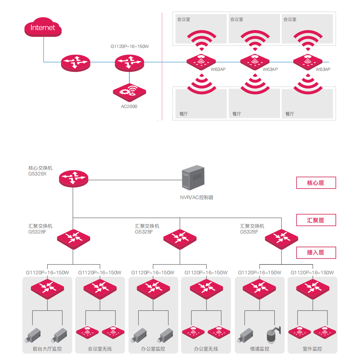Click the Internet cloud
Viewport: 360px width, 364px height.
point(43,27)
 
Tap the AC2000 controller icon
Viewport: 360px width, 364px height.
point(129,92)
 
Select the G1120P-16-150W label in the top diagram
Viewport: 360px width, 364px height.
point(130,47)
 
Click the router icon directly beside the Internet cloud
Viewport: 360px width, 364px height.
point(76,63)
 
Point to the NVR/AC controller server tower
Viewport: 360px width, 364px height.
point(193,177)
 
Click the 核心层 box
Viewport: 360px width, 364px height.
point(316,183)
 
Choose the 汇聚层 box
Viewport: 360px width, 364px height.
point(316,220)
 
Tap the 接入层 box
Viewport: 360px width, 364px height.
point(316,253)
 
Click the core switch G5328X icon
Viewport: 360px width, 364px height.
point(74,179)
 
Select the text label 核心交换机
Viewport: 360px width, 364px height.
point(40,168)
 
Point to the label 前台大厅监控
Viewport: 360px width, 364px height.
point(47,349)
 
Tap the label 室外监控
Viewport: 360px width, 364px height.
point(312,349)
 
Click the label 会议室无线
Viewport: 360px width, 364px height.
point(100,349)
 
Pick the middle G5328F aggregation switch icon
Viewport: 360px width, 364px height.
point(180,239)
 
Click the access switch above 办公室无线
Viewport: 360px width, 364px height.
point(206,289)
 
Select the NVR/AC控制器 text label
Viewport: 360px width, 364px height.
point(197,197)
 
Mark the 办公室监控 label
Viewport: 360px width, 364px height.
point(153,349)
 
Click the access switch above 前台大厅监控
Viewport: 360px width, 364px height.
point(47,289)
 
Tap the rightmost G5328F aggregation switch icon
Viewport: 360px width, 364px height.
point(281,239)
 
